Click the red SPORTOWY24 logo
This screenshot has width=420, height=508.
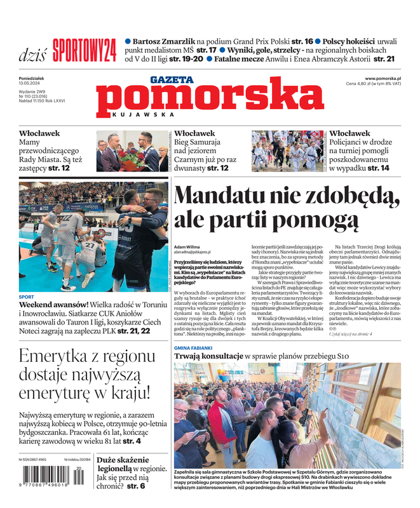(85, 50)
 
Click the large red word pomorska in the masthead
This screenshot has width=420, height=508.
(210, 98)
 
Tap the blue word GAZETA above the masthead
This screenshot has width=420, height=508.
(172, 80)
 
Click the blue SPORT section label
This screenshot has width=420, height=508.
(27, 297)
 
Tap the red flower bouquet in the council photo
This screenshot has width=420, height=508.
(130, 157)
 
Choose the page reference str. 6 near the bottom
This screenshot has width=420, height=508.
(135, 486)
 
